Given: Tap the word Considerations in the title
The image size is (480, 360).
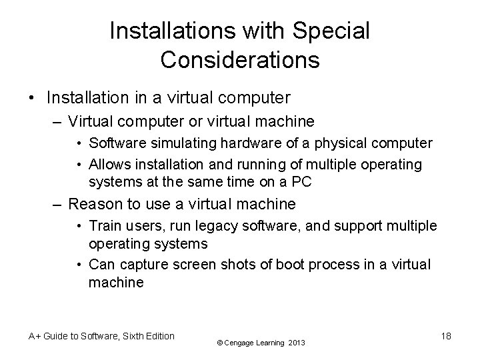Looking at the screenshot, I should point(240,59).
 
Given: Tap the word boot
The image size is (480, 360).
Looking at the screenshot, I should point(288,265).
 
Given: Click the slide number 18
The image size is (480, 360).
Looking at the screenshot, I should point(446,336).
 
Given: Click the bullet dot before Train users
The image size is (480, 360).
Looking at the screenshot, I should point(79,226).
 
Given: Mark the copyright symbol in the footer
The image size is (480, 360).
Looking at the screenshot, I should point(221,343).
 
